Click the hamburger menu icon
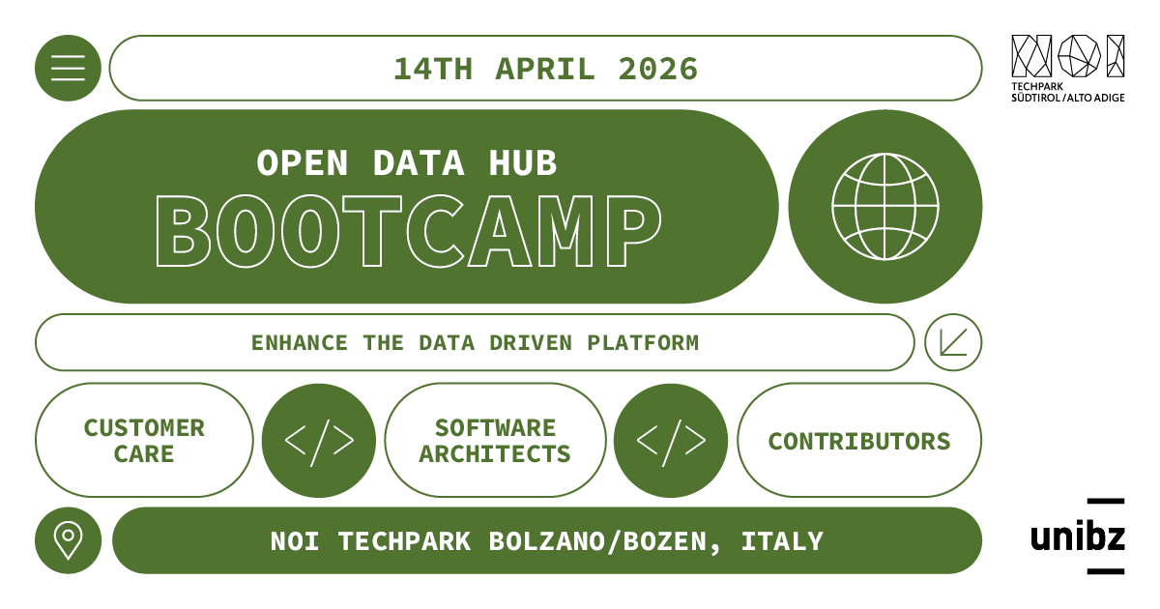68,68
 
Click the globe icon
884,207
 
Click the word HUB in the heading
523,163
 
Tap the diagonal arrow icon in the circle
952,342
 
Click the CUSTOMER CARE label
144,441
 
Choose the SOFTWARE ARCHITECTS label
495,441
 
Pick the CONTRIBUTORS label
859,442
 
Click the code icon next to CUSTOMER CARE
319,441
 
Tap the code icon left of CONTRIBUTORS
671,441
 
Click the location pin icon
68,540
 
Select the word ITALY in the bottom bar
782,541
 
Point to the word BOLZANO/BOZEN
603,541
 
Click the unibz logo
1078,536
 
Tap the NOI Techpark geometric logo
1067,56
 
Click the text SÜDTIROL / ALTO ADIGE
1068,98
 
